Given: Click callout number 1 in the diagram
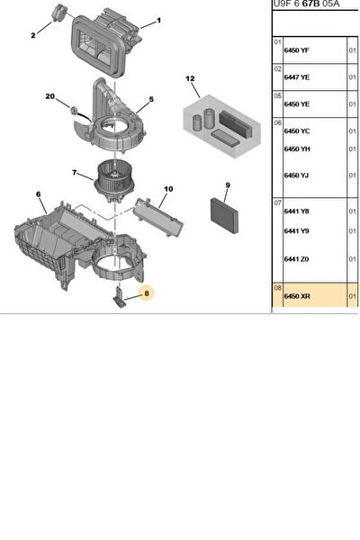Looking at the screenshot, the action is click(x=158, y=21).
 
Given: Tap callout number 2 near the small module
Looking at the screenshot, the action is click(x=33, y=35).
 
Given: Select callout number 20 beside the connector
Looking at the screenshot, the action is click(x=50, y=96).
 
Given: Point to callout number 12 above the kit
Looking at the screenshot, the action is click(x=190, y=78).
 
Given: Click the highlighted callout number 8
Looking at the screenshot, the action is click(x=147, y=293).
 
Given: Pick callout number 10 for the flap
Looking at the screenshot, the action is click(x=168, y=189).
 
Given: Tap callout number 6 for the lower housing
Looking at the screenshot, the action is click(x=38, y=194).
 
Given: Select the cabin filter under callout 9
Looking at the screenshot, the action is click(x=224, y=215).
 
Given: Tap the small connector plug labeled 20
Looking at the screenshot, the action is click(x=74, y=111).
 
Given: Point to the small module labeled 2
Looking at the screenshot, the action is click(x=58, y=13).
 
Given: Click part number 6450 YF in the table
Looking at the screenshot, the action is click(x=297, y=50).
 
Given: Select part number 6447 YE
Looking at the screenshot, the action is click(x=297, y=77).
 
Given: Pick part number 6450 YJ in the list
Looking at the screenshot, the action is click(x=296, y=175).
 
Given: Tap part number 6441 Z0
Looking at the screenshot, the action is click(x=296, y=259).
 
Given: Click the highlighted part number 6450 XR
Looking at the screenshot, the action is click(x=297, y=296).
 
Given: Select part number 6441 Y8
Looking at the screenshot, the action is click(x=296, y=211).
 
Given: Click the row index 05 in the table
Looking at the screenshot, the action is click(x=278, y=95).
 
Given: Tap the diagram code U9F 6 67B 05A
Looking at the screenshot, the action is click(x=306, y=4).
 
